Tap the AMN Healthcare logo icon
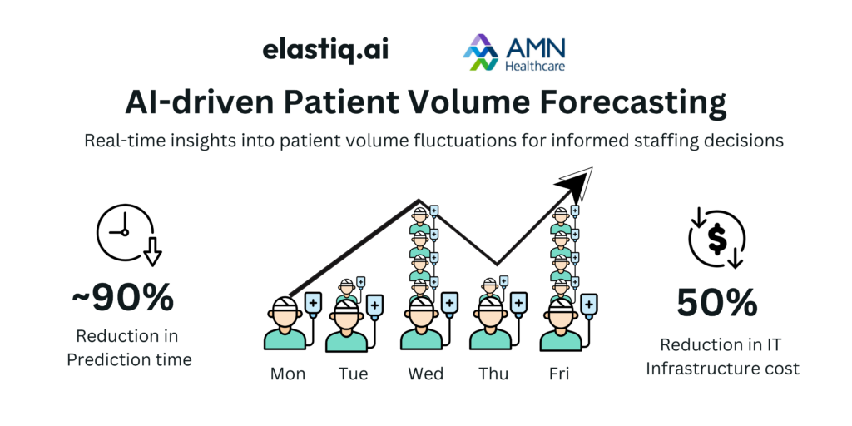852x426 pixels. tap(480, 52)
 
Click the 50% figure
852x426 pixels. tap(716, 303)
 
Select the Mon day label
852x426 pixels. tap(287, 374)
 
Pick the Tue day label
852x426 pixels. tap(353, 374)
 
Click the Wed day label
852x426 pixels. tap(425, 374)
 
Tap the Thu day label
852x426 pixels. tap(493, 374)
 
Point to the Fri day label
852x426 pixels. tap(559, 374)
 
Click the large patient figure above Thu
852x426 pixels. tap(491, 324)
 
